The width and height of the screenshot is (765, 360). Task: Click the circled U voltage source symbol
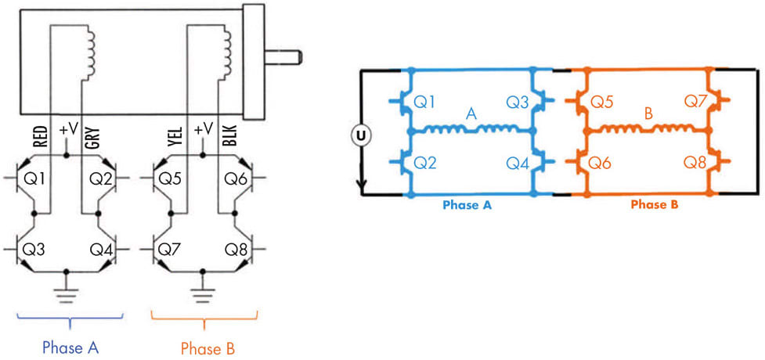360,136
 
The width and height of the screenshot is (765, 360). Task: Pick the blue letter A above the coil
471,115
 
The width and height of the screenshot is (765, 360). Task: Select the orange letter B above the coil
648,115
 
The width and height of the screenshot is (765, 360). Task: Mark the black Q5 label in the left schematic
171,179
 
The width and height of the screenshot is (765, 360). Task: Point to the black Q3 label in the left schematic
36,250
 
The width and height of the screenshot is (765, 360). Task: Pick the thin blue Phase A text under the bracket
70,347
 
